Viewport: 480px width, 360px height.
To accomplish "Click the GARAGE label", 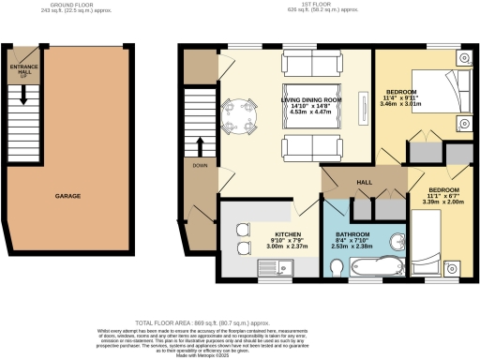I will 67,196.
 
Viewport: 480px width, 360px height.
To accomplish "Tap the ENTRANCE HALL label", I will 20,71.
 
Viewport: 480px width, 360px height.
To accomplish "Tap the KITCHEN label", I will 287,235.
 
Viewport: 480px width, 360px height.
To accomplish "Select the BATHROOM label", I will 352,234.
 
